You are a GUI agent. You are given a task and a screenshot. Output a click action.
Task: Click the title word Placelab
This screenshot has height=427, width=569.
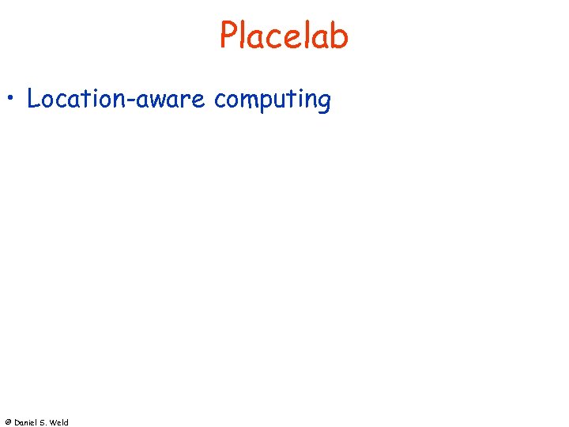284,36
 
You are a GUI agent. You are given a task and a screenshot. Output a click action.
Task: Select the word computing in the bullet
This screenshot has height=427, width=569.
272,101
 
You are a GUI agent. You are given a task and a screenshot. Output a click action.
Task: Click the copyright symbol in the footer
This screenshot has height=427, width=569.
8,422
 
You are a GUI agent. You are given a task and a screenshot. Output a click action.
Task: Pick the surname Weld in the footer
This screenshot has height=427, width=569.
60,422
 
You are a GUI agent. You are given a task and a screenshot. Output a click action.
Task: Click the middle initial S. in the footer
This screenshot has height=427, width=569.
45,422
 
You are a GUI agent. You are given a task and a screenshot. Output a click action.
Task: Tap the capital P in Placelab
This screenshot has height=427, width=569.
228,36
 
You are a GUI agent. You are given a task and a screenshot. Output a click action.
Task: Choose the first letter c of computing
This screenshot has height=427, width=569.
219,101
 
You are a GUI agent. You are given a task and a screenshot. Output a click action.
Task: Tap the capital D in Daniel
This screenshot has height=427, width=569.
17,422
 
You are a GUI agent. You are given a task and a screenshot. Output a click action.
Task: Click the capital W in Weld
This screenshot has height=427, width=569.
55,422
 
